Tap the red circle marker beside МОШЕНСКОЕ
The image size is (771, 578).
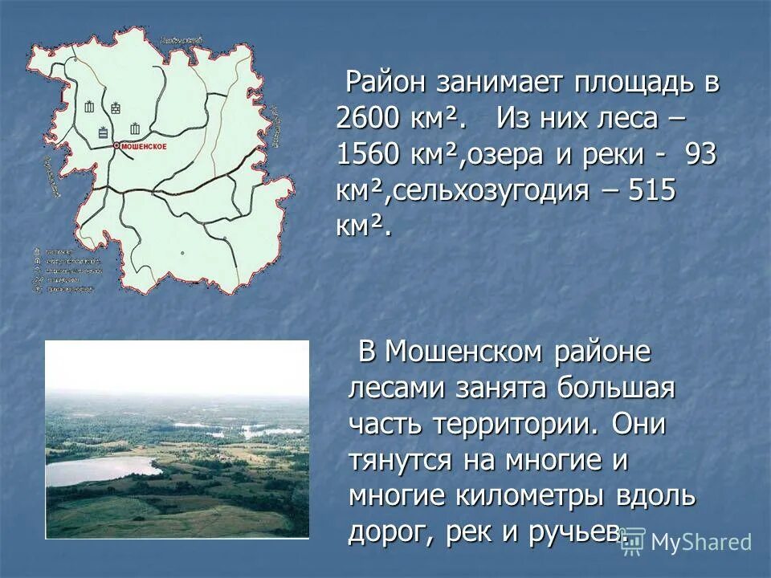tap(116, 145)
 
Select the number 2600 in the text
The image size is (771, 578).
tap(369, 120)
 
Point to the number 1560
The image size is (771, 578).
tap(368, 155)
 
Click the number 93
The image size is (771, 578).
tap(700, 155)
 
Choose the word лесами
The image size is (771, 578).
tap(397, 388)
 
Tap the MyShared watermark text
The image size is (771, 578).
tap(701, 542)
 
